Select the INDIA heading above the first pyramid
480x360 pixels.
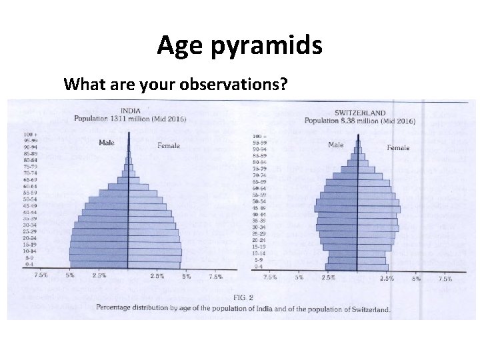[x=130, y=111]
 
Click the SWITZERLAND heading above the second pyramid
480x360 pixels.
[x=360, y=113]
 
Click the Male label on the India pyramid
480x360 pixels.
[x=107, y=142]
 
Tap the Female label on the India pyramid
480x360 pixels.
[x=168, y=145]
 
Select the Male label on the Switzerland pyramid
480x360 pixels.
[x=336, y=145]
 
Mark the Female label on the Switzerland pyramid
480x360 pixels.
[x=398, y=147]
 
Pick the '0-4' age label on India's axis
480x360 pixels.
[x=30, y=265]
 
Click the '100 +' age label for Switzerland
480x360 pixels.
[x=259, y=136]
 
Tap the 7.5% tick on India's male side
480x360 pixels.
[x=41, y=275]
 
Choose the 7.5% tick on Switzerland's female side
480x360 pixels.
[x=445, y=279]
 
